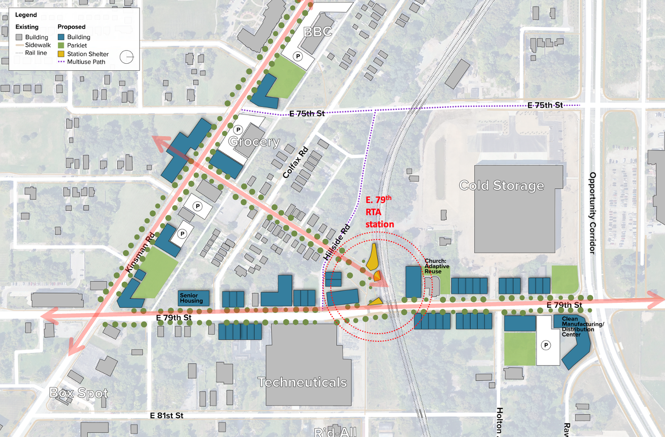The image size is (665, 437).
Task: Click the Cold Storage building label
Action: pos(501,186)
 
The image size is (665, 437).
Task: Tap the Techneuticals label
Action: pos(302,382)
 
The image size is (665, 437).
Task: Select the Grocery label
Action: pos(254,142)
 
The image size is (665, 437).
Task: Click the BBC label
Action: pos(317,32)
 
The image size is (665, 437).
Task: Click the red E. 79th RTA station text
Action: pos(379,211)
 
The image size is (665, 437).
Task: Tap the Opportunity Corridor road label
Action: pos(593,213)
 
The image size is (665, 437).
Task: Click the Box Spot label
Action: pos(79,393)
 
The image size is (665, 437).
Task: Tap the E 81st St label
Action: pos(166,415)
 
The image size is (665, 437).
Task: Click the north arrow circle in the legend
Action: pos(128,57)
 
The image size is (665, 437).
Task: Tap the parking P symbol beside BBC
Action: pos(298,57)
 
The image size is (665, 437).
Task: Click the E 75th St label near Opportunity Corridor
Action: pos(545,105)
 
